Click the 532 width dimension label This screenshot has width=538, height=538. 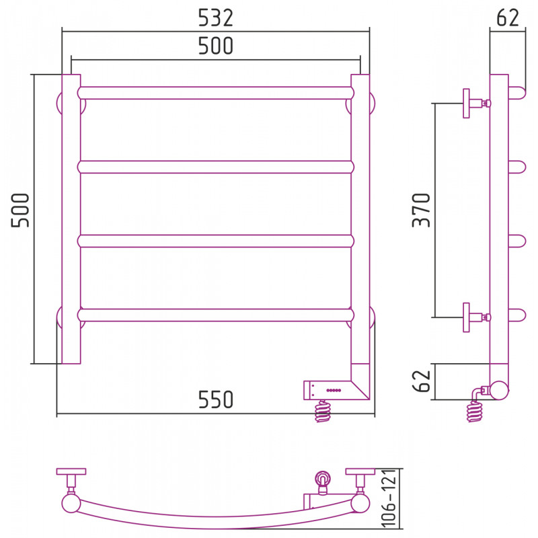[x=216, y=18]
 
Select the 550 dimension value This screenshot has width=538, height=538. [x=216, y=399]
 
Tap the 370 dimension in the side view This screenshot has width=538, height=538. [x=421, y=210]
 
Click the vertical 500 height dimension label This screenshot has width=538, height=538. [x=20, y=210]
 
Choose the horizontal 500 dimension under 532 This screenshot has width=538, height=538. [x=216, y=46]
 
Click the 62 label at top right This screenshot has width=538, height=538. [x=508, y=18]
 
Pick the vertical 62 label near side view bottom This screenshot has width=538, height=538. [x=421, y=381]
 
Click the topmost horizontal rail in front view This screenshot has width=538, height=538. [x=215, y=93]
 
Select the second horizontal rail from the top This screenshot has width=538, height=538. [x=215, y=167]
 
